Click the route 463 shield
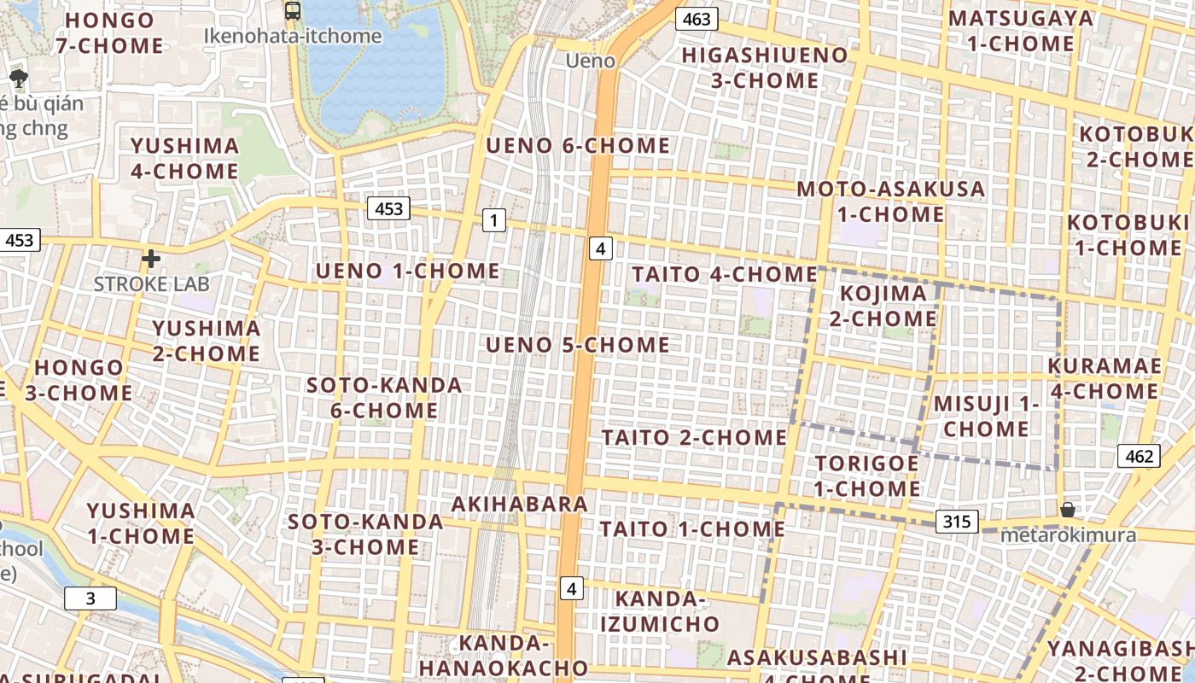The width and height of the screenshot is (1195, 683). pyautogui.click(x=697, y=19)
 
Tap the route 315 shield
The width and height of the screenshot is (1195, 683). pyautogui.click(x=956, y=521)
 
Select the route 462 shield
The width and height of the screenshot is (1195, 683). pyautogui.click(x=1139, y=456)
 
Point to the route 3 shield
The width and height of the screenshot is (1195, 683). pyautogui.click(x=90, y=598)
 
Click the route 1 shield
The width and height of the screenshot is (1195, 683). pyautogui.click(x=493, y=220)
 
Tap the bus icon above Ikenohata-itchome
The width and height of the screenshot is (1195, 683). pyautogui.click(x=293, y=11)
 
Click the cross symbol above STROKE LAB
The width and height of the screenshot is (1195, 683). pyautogui.click(x=151, y=258)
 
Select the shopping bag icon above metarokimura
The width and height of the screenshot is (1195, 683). pyautogui.click(x=1067, y=510)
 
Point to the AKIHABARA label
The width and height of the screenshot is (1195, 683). pyautogui.click(x=519, y=504)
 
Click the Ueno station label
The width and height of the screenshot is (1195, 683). pyautogui.click(x=590, y=61)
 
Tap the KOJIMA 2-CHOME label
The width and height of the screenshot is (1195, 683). pyautogui.click(x=883, y=306)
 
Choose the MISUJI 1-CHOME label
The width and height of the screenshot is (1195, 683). pyautogui.click(x=986, y=416)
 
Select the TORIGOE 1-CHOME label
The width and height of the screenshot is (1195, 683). pyautogui.click(x=866, y=476)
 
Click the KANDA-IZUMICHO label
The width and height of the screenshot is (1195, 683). pyautogui.click(x=659, y=611)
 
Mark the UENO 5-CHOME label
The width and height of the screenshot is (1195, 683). pyautogui.click(x=578, y=345)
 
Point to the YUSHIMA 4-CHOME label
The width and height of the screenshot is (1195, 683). pyautogui.click(x=184, y=158)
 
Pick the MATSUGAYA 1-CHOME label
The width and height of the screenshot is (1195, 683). pyautogui.click(x=1020, y=31)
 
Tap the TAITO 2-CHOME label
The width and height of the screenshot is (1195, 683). pyautogui.click(x=694, y=437)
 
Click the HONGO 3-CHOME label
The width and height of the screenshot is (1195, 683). pyautogui.click(x=79, y=381)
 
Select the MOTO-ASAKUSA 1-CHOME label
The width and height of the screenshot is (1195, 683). pyautogui.click(x=891, y=201)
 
